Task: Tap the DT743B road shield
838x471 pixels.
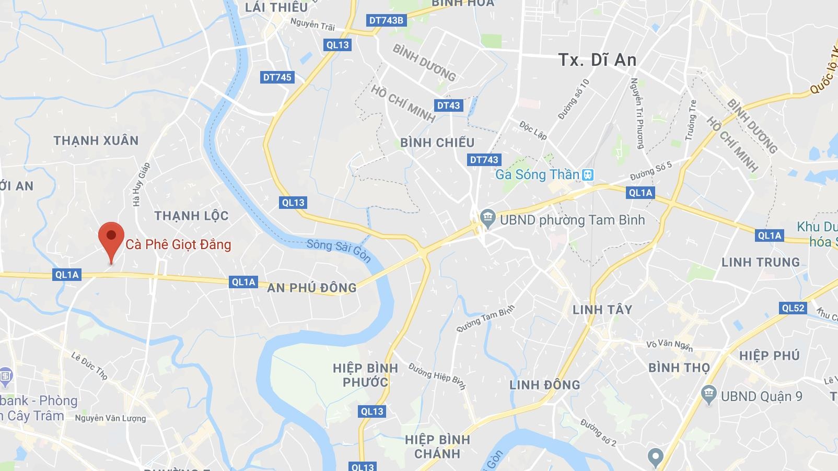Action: coord(386,20)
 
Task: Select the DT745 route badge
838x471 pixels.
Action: coord(277,77)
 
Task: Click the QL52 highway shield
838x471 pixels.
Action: coord(793,308)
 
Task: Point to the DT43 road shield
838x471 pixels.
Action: coord(448,105)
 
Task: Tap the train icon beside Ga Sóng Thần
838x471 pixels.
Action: coord(588,174)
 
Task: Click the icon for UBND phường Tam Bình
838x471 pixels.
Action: coord(488,219)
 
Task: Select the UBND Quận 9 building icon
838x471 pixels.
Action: coord(708,395)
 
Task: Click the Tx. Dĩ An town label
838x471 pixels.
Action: coord(597,60)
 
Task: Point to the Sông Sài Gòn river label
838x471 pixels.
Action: coord(339,250)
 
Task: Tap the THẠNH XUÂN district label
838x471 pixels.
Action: coord(96,140)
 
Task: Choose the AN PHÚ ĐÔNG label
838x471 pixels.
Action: coord(311,288)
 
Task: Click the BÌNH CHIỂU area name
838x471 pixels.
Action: coord(437,143)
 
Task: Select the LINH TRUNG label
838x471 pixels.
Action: coord(760,262)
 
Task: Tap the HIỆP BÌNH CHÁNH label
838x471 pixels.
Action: coord(437,446)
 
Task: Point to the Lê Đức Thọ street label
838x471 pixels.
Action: coord(89,366)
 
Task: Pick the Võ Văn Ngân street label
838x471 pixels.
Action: coord(669,345)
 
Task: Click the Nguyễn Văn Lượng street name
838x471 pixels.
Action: coord(110,418)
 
